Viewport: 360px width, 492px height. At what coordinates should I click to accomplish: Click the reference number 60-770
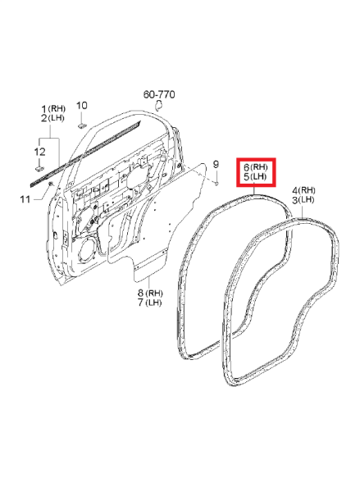pyautogui.click(x=159, y=94)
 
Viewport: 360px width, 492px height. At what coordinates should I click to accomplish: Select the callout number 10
pyautogui.click(x=82, y=106)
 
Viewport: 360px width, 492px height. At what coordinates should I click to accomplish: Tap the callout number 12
pyautogui.click(x=39, y=152)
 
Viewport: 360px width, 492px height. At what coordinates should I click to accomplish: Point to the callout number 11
pyautogui.click(x=25, y=199)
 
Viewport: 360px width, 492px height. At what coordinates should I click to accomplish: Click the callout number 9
pyautogui.click(x=216, y=164)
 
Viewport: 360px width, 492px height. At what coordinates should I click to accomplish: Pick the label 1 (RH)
pyautogui.click(x=53, y=109)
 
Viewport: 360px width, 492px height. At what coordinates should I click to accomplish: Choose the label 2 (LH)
pyautogui.click(x=52, y=118)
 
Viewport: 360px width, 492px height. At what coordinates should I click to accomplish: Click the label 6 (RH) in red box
pyautogui.click(x=256, y=167)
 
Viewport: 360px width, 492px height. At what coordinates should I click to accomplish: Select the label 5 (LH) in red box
pyautogui.click(x=255, y=176)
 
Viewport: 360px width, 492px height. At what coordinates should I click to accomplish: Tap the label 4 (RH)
pyautogui.click(x=303, y=190)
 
